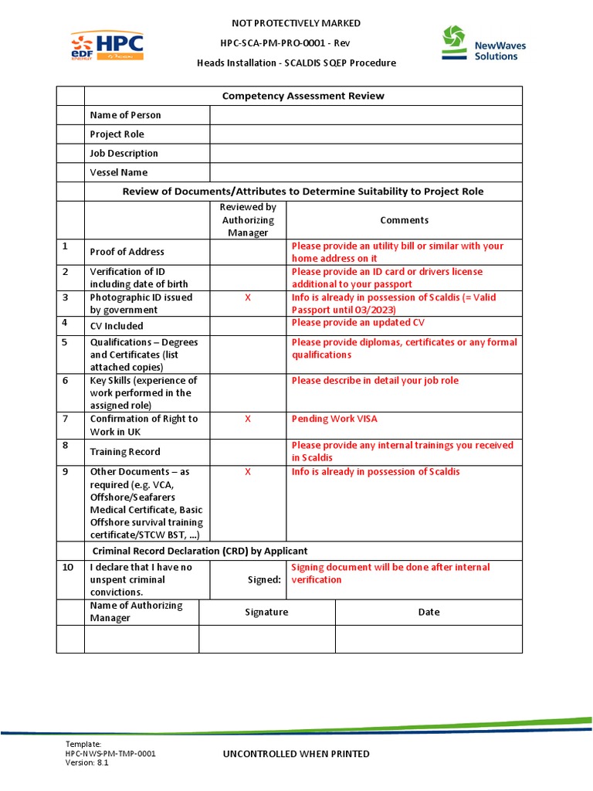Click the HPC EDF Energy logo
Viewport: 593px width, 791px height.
tap(107, 46)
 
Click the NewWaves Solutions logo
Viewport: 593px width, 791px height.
tap(483, 43)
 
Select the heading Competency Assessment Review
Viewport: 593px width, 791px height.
tap(303, 96)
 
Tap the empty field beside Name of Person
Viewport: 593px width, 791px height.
tap(365, 115)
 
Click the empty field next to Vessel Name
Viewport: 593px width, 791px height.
tap(365, 172)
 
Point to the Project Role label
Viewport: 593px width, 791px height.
tap(117, 134)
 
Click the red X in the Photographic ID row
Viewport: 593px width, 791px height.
tap(248, 297)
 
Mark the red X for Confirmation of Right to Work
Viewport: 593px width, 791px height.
tap(248, 419)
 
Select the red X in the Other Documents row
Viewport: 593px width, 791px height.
tap(248, 471)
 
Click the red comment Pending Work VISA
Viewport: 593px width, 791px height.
tap(334, 419)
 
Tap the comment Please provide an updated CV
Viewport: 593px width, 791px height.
tap(357, 322)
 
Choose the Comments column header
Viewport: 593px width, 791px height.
tap(404, 220)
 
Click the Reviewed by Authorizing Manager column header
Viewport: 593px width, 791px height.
tap(248, 220)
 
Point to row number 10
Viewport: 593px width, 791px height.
tap(68, 567)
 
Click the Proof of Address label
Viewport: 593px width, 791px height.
tap(127, 252)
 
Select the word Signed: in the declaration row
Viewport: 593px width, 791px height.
tap(264, 579)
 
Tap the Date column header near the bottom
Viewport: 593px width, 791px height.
tap(429, 612)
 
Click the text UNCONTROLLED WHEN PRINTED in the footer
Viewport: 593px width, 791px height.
tap(296, 754)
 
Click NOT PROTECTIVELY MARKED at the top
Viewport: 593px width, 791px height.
tap(296, 23)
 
